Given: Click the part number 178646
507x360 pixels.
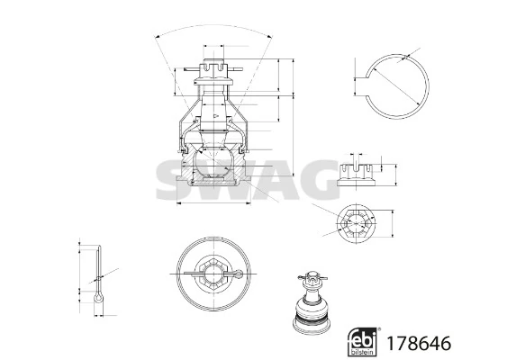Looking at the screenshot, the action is [419, 343].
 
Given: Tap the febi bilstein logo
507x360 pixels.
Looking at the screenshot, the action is [362, 342].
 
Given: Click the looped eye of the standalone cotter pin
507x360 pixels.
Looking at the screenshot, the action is [99, 298].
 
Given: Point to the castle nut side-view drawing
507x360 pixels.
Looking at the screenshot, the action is [356, 175].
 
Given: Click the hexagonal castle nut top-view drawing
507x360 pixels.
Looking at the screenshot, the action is [356, 223].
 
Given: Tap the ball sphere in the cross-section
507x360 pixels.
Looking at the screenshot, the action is [213, 163].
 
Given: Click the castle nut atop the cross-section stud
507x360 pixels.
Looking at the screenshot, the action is [213, 68].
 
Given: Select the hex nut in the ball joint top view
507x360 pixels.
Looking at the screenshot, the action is [213, 274].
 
